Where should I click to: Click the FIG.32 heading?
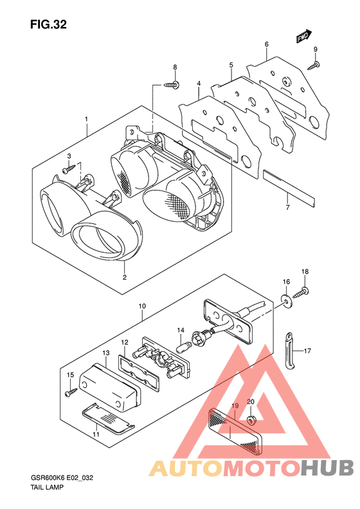(48, 24)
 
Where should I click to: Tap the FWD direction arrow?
(304, 36)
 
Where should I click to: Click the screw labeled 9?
(314, 66)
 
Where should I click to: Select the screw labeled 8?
(172, 85)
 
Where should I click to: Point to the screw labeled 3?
(69, 169)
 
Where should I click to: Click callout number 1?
(86, 120)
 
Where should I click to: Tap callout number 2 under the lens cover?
(125, 277)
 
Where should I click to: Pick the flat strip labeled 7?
(289, 188)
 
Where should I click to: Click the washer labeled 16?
(286, 301)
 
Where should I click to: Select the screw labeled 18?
(300, 293)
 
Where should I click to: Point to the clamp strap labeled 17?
(291, 351)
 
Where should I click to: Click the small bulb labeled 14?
(183, 349)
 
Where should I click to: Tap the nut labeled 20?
(251, 420)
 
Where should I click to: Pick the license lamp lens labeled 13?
(111, 389)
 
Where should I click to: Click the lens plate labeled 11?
(107, 419)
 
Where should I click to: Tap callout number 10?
(142, 306)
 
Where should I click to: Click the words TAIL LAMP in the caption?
(47, 487)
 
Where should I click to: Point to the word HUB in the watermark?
(327, 468)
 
